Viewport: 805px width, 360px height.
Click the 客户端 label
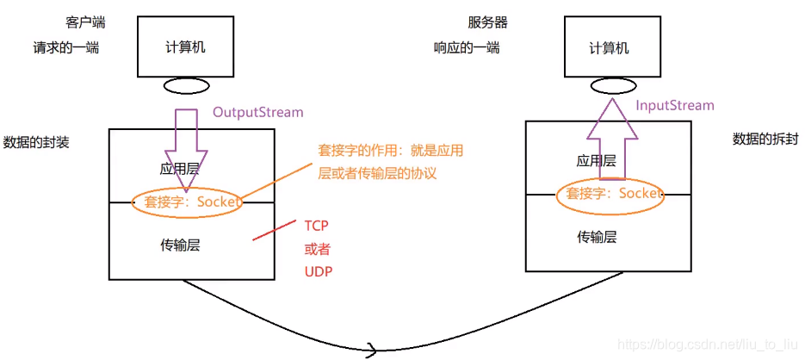pyautogui.click(x=83, y=21)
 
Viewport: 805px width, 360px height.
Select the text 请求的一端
pyautogui.click(x=65, y=47)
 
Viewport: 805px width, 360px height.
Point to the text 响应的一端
pyautogui.click(x=466, y=47)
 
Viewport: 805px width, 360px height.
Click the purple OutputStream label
pyautogui.click(x=257, y=112)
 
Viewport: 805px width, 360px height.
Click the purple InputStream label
pyautogui.click(x=674, y=105)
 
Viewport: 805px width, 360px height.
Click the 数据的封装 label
pyautogui.click(x=36, y=142)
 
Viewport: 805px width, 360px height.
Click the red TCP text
pyautogui.click(x=316, y=226)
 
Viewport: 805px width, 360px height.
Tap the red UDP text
pyautogui.click(x=317, y=271)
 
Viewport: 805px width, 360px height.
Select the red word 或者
pyautogui.click(x=317, y=249)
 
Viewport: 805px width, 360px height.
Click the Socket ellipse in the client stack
pyautogui.click(x=188, y=202)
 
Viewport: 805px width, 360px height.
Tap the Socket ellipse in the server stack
pyautogui.click(x=610, y=194)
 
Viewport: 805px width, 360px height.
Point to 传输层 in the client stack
pyautogui.click(x=182, y=245)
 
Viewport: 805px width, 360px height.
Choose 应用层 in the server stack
pyautogui.click(x=596, y=160)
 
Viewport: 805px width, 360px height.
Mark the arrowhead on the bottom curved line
pyautogui.click(x=372, y=349)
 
